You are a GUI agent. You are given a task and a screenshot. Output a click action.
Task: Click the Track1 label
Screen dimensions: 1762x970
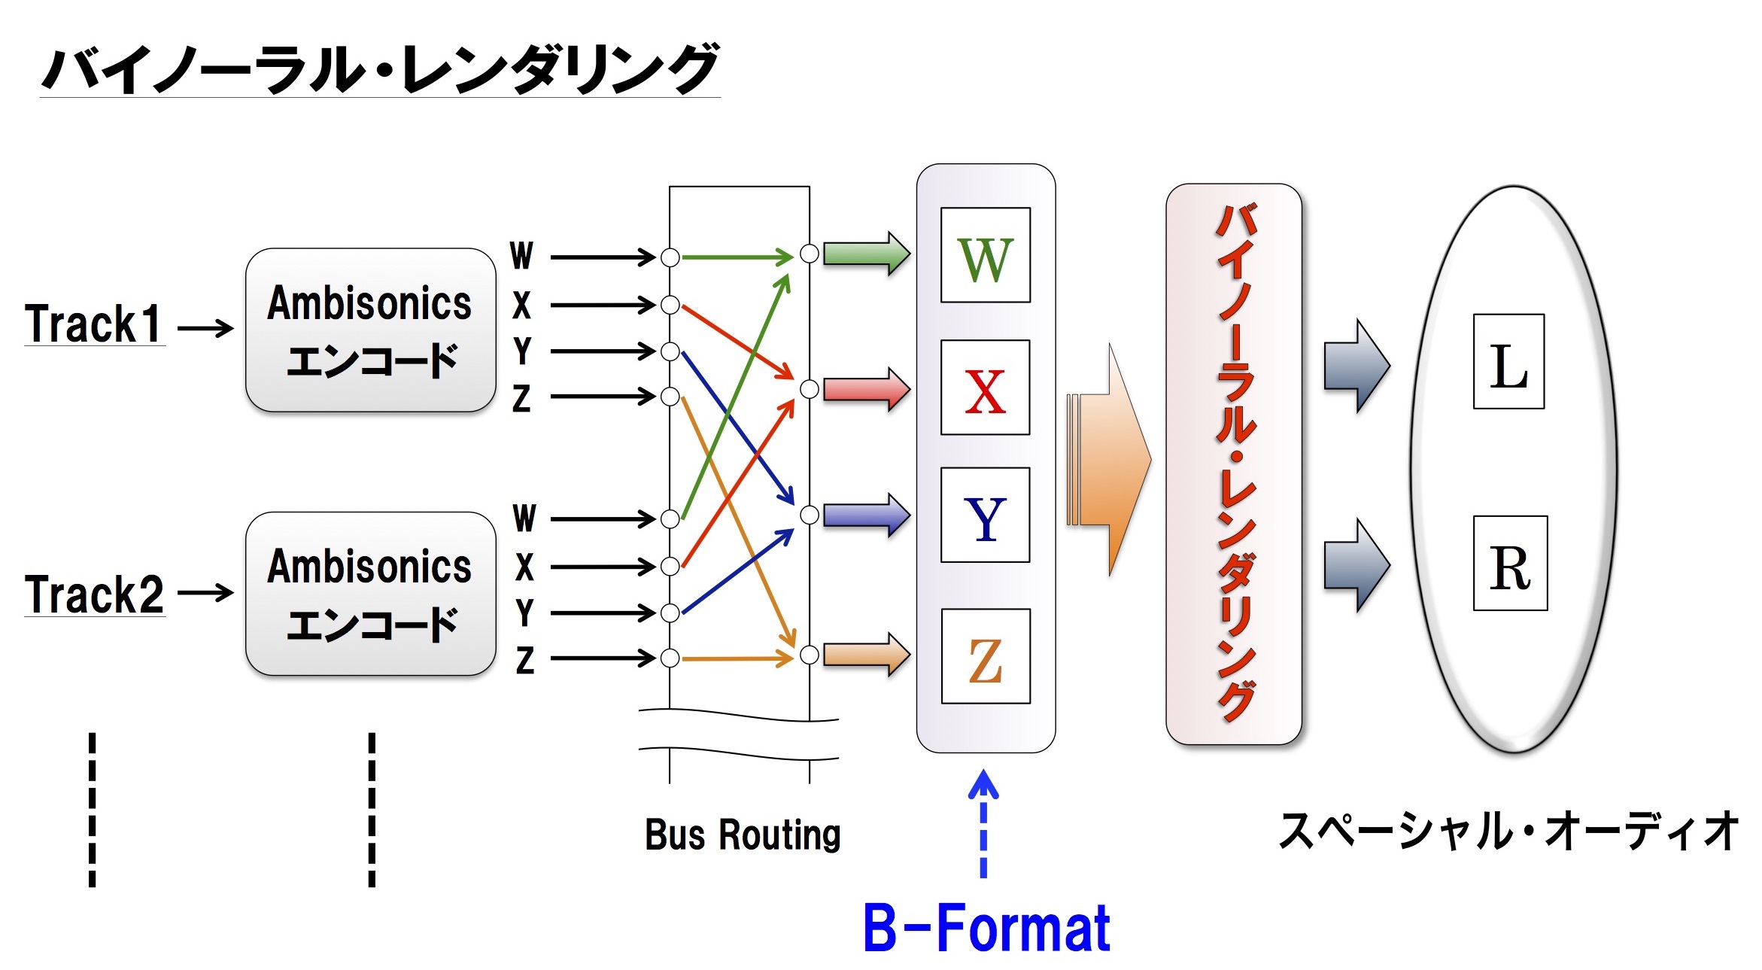pyautogui.click(x=94, y=324)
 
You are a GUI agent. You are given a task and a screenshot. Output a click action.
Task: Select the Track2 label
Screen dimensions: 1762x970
pyautogui.click(x=94, y=594)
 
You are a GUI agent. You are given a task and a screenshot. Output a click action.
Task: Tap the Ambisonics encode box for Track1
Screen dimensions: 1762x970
pyautogui.click(x=370, y=330)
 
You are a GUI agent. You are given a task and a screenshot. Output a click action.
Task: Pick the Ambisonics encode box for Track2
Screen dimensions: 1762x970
pyautogui.click(x=370, y=594)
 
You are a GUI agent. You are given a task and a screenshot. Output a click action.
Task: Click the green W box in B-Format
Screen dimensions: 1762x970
pyautogui.click(x=986, y=255)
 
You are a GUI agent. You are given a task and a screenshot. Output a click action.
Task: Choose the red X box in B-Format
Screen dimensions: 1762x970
pyautogui.click(x=986, y=388)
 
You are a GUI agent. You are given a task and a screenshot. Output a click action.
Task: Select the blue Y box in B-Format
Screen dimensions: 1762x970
pyautogui.click(x=986, y=515)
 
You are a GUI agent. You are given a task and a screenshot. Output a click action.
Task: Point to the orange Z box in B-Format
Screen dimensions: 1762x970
pyautogui.click(x=986, y=656)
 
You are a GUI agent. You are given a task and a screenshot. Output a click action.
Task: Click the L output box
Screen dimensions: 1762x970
pyautogui.click(x=1509, y=361)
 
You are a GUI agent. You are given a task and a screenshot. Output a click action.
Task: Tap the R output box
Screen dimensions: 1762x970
pyautogui.click(x=1511, y=563)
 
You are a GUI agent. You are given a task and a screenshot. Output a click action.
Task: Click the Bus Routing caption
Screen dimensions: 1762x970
pyautogui.click(x=743, y=835)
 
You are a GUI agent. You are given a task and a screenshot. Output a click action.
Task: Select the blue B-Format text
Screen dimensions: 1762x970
pyautogui.click(x=986, y=928)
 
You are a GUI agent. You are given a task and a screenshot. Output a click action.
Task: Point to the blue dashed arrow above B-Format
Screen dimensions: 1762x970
pyautogui.click(x=983, y=823)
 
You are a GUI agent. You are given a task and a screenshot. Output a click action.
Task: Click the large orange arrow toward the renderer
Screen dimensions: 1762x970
pyautogui.click(x=1109, y=459)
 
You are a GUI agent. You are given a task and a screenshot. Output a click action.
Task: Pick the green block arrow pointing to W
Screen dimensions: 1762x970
pyautogui.click(x=867, y=254)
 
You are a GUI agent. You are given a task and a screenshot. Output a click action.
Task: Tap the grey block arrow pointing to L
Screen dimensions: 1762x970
pyautogui.click(x=1357, y=366)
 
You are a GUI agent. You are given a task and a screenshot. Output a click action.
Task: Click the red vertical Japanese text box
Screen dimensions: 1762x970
pyautogui.click(x=1234, y=464)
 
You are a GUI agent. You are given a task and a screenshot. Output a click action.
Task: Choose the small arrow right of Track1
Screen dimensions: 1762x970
pyautogui.click(x=205, y=328)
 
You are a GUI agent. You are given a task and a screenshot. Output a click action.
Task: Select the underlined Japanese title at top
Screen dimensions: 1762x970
pyautogui.click(x=380, y=69)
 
